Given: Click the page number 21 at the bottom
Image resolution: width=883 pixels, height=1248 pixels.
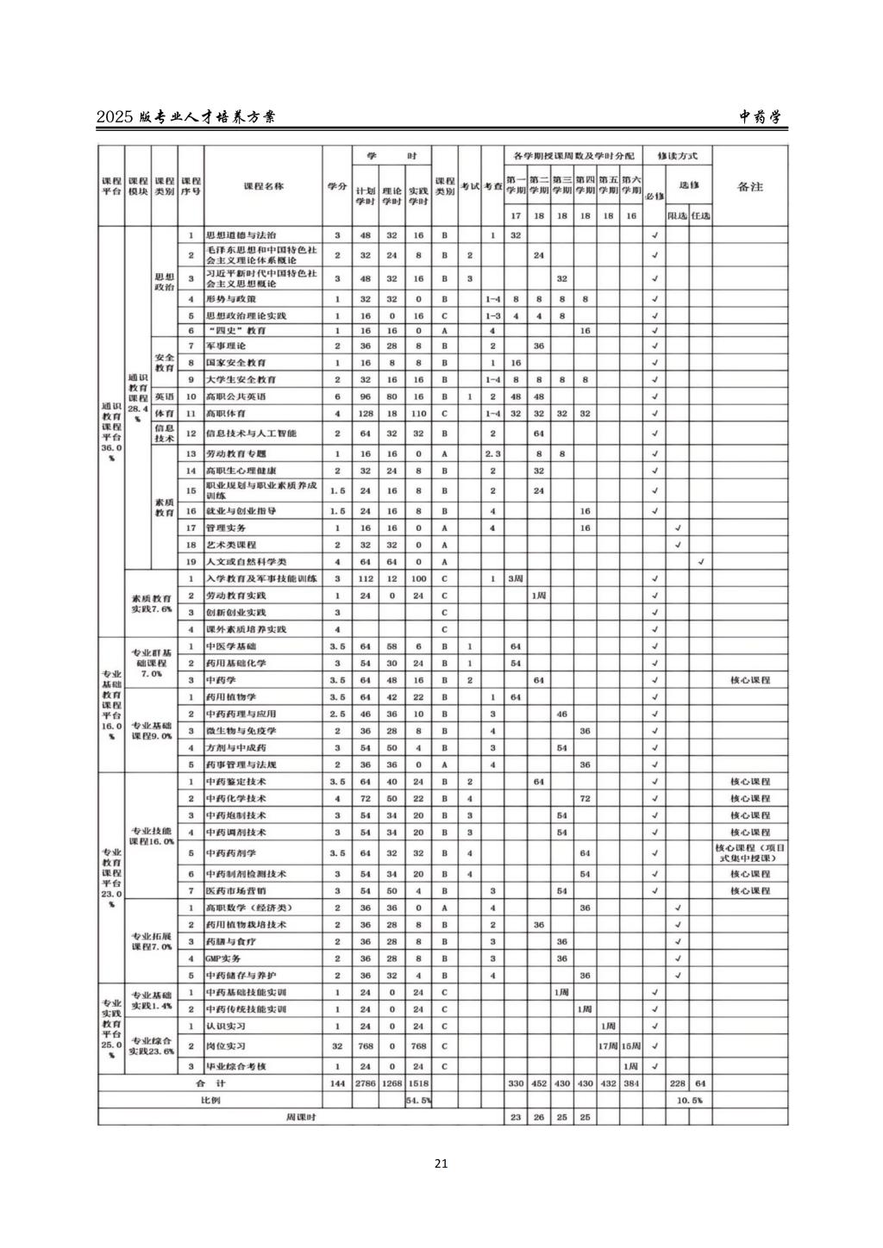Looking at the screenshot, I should click(441, 1164).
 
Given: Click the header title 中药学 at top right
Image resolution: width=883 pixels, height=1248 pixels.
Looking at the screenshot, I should click(760, 118).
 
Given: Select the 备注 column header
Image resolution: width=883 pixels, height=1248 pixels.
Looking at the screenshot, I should click(749, 186).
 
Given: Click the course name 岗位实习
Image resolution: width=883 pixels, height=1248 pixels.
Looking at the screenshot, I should click(225, 1045).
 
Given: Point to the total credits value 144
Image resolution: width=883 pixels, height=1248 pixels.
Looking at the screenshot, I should click(337, 1083).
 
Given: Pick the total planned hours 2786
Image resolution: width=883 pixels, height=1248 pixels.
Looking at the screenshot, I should click(366, 1083).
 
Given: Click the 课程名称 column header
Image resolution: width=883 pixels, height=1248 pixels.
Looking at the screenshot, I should click(263, 186).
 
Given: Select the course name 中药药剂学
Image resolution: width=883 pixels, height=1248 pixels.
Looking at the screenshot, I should click(230, 852).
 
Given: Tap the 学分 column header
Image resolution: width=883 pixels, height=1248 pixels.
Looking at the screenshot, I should click(337, 186).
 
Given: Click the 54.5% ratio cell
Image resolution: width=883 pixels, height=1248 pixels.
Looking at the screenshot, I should click(418, 1101).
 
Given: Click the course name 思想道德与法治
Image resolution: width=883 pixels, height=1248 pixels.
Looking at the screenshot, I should click(241, 234).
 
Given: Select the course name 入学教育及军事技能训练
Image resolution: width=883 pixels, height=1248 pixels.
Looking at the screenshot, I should click(261, 578).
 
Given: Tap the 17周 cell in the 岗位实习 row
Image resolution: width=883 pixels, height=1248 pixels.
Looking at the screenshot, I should click(608, 1045).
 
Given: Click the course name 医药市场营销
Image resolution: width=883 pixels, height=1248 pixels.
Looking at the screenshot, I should click(235, 890).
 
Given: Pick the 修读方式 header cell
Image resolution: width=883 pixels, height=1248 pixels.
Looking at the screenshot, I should click(677, 156).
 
